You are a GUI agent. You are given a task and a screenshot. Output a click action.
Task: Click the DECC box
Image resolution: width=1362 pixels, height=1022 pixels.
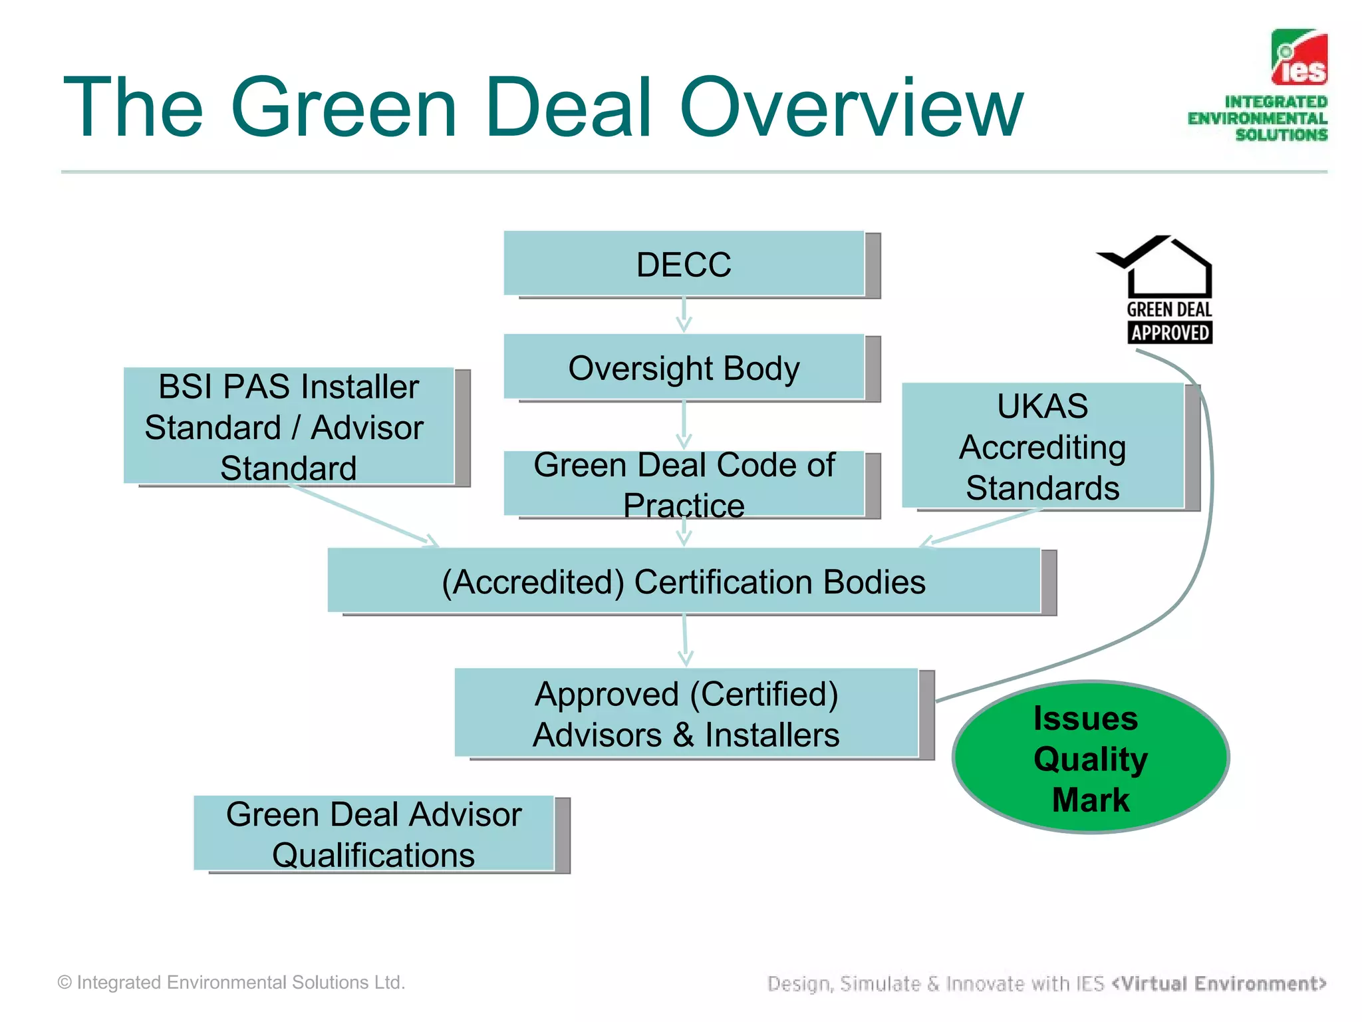click(x=684, y=264)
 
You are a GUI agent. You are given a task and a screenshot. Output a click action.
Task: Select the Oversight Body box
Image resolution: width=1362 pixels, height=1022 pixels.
click(x=684, y=367)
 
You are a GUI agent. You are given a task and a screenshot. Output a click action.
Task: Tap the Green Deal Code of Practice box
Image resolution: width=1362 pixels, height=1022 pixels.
click(x=684, y=484)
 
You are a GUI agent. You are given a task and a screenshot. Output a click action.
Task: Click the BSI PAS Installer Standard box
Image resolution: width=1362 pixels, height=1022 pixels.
click(x=289, y=426)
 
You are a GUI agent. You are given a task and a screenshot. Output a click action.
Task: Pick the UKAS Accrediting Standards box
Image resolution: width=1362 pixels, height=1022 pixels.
click(x=1043, y=446)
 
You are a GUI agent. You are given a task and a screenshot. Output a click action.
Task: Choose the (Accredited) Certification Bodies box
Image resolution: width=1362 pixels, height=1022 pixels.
click(x=684, y=581)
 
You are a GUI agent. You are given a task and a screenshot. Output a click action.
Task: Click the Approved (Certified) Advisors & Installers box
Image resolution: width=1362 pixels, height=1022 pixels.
click(x=686, y=713)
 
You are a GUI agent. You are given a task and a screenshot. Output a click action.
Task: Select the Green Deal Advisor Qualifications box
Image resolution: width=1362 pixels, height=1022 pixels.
click(x=374, y=834)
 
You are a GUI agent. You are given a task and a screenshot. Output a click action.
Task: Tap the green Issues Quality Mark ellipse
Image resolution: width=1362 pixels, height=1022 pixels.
click(x=1091, y=757)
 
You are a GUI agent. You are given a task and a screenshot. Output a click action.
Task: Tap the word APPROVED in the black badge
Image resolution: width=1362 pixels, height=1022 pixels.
click(x=1170, y=333)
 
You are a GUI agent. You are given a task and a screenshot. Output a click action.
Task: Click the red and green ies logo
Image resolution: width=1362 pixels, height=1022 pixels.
click(x=1299, y=58)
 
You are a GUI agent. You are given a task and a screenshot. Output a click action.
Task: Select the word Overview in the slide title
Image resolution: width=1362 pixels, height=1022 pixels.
click(x=851, y=108)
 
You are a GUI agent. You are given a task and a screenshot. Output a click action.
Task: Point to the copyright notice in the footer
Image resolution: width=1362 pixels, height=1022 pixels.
click(x=231, y=983)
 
